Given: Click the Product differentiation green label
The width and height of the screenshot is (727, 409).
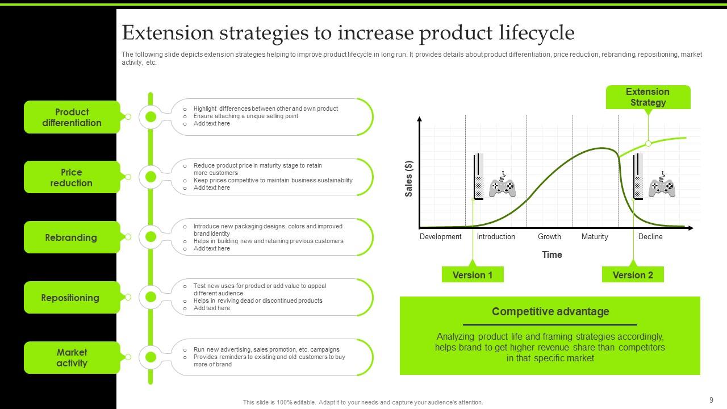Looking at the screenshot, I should point(72,117).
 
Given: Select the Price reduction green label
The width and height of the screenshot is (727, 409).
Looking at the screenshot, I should point(72,177).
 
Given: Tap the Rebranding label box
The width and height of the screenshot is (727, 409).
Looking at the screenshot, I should point(72,237).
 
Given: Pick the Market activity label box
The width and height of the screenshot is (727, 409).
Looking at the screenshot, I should point(72,358).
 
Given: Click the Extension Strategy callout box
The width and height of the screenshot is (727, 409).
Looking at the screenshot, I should point(647,97).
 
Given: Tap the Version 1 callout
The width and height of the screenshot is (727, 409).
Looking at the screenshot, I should point(473,275).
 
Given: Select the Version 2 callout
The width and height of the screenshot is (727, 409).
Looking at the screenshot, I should point(633,275).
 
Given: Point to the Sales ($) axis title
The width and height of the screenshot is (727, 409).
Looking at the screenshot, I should point(409,179).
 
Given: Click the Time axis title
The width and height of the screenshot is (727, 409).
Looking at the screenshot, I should point(551,254).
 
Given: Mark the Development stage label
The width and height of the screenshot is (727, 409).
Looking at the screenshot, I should point(440,237).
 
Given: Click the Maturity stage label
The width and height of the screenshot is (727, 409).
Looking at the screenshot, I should point(595,237).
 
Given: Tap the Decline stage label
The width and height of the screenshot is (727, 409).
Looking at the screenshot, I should point(650,237).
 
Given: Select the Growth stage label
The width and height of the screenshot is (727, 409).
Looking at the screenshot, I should point(549,237).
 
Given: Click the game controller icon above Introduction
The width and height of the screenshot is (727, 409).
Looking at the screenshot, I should point(502,185).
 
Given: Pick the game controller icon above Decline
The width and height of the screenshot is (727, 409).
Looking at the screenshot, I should point(662,185).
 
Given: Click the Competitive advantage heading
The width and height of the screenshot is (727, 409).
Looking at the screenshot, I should point(550,311).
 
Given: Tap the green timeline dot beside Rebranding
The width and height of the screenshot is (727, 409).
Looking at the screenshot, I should point(151,237).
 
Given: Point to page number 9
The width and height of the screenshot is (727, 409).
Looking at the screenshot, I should point(711,400).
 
